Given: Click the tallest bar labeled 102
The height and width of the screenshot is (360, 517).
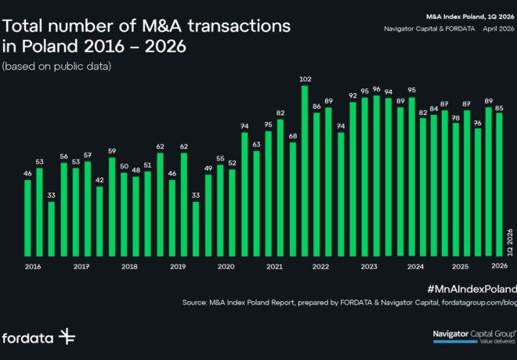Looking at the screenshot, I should pos(305,171).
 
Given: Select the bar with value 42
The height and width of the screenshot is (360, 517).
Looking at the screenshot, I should pos(99,221).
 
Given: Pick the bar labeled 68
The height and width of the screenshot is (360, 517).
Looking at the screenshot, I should pos(292,199).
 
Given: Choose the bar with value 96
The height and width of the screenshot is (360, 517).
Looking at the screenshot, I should pos(377,175).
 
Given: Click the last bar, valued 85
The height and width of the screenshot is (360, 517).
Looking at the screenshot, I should pos(498,184).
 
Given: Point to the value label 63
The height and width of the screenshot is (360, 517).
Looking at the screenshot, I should pos(256,145).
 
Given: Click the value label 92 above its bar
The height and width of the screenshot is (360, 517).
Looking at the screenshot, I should pos(352,95).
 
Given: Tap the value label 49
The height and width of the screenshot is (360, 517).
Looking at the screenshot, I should pos(208,168).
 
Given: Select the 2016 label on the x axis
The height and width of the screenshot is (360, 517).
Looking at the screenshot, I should pos(33,267).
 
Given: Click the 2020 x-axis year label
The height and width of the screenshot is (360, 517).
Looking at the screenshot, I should pos(226,267).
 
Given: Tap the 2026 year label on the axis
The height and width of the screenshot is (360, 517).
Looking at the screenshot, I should pos(499,267).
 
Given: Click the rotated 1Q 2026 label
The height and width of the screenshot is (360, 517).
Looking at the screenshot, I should pos(508,242).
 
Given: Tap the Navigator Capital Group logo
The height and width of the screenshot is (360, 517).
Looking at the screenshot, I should pos(475,337).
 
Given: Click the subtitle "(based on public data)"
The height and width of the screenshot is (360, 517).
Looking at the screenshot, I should pos(56,66).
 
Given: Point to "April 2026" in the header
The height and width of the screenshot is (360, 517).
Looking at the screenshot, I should pos(496,29).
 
